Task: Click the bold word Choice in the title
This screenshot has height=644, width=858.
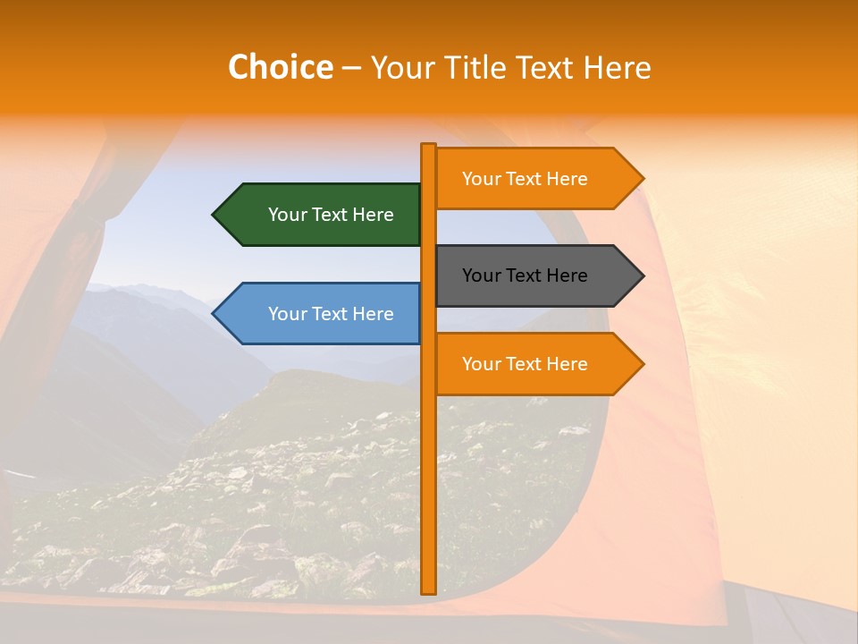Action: pos(280,68)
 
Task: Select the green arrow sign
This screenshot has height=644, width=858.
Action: pos(322,215)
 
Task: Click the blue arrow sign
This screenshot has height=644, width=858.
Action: pos(322,314)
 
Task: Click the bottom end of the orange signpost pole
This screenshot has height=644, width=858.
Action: pos(428,590)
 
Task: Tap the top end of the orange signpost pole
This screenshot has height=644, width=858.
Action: pos(428,147)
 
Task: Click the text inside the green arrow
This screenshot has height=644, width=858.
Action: pos(331,215)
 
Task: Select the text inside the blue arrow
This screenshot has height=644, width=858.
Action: pos(331,314)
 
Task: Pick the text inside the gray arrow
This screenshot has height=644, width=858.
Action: pos(525,275)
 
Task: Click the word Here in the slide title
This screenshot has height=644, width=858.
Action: pos(617,68)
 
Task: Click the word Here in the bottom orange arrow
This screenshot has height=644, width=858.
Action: pos(568,364)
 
